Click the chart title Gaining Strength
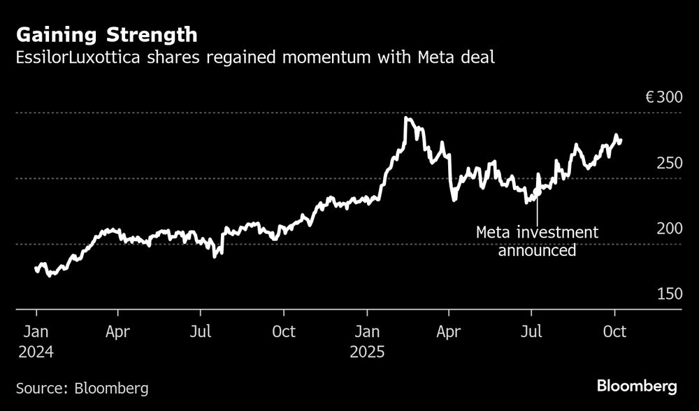pyautogui.click(x=107, y=34)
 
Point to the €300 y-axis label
pyautogui.click(x=663, y=98)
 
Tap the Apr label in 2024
pyautogui.click(x=119, y=331)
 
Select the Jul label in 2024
pyautogui.click(x=201, y=331)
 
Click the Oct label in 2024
pyautogui.click(x=283, y=331)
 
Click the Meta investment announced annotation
pyautogui.click(x=537, y=241)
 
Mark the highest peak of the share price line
pyautogui.click(x=407, y=118)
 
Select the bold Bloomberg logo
pyautogui.click(x=637, y=386)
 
